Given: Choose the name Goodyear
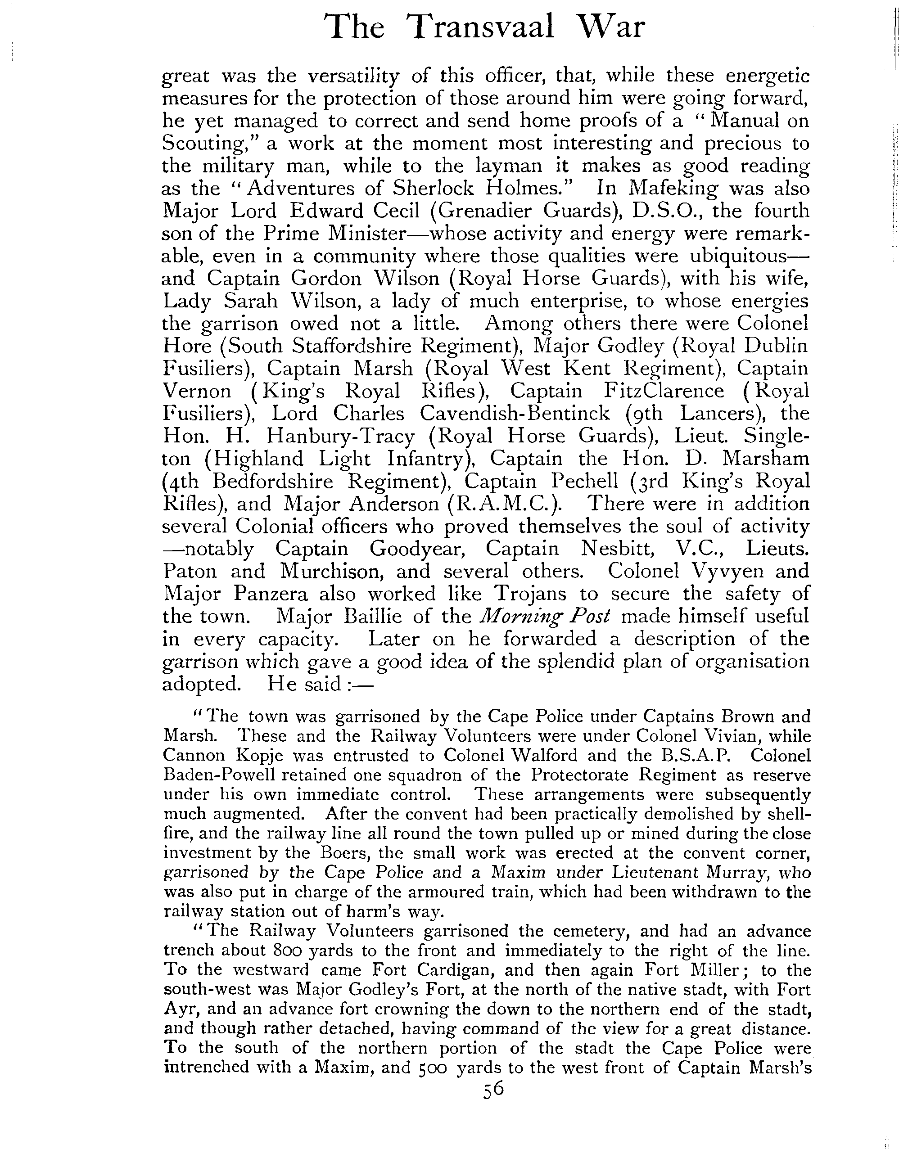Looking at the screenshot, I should point(416,549).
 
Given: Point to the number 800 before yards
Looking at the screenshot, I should point(287,951).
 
